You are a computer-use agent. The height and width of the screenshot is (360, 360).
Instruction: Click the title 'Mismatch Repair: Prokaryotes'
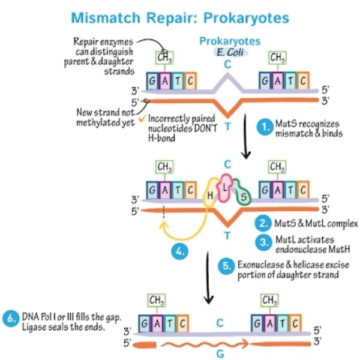tap(180, 16)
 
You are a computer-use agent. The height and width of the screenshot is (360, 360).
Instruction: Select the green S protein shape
tap(242, 196)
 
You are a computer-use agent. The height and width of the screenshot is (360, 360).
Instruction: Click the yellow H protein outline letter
tap(210, 196)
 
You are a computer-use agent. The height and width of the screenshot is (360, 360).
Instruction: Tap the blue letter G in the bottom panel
tap(220, 353)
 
